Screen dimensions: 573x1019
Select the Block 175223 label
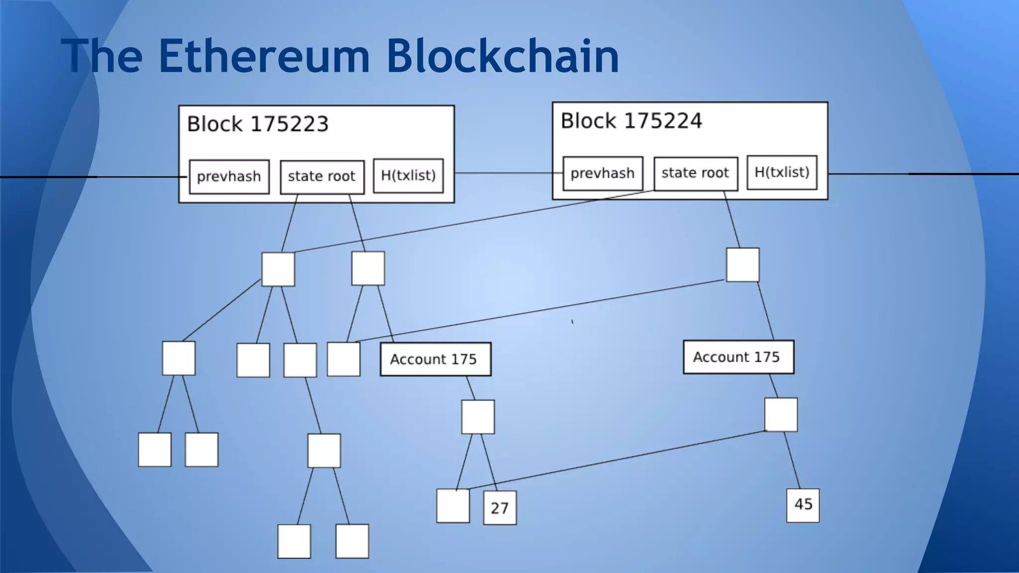(x=258, y=124)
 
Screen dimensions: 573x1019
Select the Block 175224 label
(x=631, y=121)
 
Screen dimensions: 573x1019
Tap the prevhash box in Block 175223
(x=229, y=177)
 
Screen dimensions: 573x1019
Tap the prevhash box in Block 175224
(x=603, y=173)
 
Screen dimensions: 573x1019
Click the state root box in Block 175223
(x=322, y=177)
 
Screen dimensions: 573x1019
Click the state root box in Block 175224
(x=696, y=173)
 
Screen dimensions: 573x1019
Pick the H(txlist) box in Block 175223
(x=408, y=176)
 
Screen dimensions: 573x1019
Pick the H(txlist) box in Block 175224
(x=782, y=172)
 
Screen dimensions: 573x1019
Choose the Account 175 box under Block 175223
(x=435, y=359)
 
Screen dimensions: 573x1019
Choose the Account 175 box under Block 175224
(x=738, y=357)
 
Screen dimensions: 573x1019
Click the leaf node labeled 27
(x=500, y=508)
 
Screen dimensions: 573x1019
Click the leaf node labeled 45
(x=803, y=505)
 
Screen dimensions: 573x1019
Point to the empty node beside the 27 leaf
(x=453, y=506)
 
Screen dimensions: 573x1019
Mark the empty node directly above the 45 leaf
(x=781, y=415)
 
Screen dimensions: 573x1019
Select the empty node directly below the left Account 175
(x=478, y=417)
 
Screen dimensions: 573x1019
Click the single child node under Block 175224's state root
(x=742, y=265)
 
